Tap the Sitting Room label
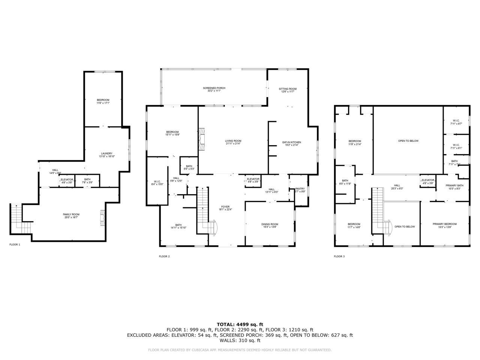pyautogui.click(x=288, y=89)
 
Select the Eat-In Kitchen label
pyautogui.click(x=291, y=142)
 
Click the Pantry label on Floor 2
pyautogui.click(x=300, y=189)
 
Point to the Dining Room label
pyautogui.click(x=270, y=224)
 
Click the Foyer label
pyautogui.click(x=225, y=207)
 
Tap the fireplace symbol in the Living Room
pyautogui.click(x=202, y=139)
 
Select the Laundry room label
pyautogui.click(x=106, y=153)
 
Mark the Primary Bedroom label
pyautogui.click(x=444, y=224)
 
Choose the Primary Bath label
pyautogui.click(x=454, y=186)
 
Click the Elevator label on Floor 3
pyautogui.click(x=428, y=180)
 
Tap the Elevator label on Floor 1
pyautogui.click(x=67, y=179)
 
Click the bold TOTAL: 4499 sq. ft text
pyautogui.click(x=240, y=324)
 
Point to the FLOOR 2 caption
pyautogui.click(x=164, y=256)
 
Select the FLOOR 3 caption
pyautogui.click(x=339, y=256)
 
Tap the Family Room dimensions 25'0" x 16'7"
pyautogui.click(x=71, y=217)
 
